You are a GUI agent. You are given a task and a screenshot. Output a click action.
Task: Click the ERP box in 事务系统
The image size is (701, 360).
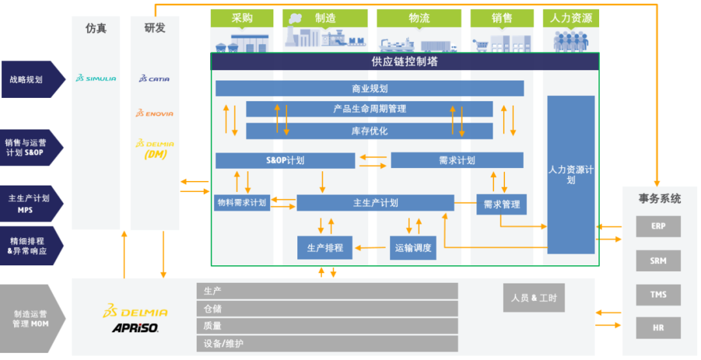[x=658, y=226]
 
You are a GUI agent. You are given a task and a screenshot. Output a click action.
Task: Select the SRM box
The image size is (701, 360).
[x=658, y=260]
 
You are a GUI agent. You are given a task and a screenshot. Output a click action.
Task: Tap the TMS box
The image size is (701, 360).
[x=658, y=294]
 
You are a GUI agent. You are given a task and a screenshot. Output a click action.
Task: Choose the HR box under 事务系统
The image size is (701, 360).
[x=658, y=328]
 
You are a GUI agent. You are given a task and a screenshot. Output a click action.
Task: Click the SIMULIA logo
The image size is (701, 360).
[x=95, y=78]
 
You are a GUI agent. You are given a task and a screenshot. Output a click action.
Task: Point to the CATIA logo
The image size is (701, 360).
[x=154, y=78]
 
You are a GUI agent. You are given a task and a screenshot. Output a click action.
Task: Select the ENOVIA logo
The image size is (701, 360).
[x=154, y=113]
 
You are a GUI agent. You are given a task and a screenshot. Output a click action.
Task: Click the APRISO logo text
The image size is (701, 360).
[x=135, y=328]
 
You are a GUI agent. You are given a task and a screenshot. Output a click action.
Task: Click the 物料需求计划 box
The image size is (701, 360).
[x=242, y=203]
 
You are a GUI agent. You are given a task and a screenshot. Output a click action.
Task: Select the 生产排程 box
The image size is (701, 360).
[x=325, y=247]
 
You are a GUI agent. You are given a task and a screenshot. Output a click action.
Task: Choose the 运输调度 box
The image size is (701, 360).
[x=413, y=248]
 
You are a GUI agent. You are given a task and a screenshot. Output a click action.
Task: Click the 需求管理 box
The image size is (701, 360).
[x=501, y=204]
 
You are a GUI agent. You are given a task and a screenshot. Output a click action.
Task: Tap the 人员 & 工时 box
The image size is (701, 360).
[x=534, y=298]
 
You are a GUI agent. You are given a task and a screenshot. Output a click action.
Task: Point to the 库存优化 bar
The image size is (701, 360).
[x=369, y=131]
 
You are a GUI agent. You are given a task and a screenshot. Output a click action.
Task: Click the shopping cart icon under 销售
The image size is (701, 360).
[x=480, y=45]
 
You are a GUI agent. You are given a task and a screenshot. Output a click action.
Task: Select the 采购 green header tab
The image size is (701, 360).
[x=242, y=18]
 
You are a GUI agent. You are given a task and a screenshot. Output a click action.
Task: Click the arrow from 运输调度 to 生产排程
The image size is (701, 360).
[x=370, y=247]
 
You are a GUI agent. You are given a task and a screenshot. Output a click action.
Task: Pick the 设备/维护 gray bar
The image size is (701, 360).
[x=327, y=344]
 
